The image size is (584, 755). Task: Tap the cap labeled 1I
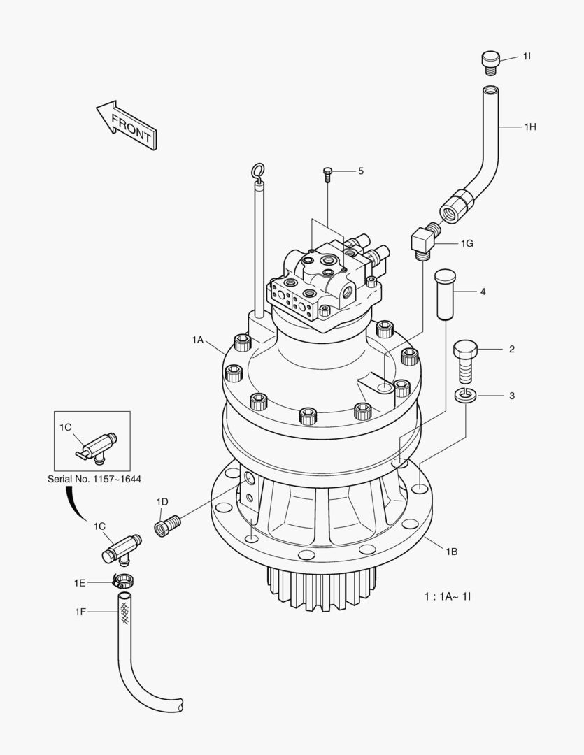point(490,61)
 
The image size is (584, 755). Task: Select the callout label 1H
point(529,127)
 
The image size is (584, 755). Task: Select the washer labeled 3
point(464,396)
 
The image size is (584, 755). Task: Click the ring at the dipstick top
point(258,170)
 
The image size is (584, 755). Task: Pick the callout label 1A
point(198,340)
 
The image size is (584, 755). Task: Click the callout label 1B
point(451,551)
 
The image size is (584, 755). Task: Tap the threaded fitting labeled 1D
point(168,524)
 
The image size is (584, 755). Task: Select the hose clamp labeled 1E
point(123,580)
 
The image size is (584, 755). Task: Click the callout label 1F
point(81,612)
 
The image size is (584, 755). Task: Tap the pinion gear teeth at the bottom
point(321,587)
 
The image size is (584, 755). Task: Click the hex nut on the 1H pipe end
point(455,203)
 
